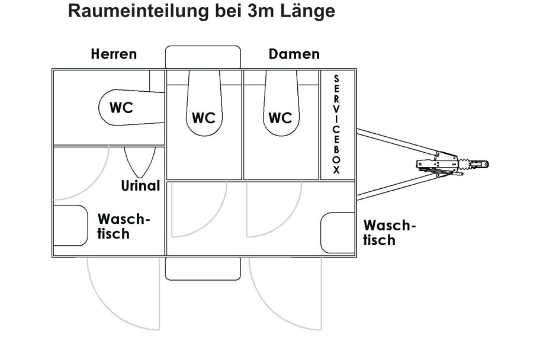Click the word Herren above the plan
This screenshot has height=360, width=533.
pos(114,54)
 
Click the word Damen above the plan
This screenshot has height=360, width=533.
pos(294,54)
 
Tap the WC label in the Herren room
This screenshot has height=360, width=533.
pos(121,108)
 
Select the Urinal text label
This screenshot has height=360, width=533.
pos(140,185)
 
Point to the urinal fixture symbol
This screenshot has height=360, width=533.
pos(140,161)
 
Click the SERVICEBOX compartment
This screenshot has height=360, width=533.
pos(337,124)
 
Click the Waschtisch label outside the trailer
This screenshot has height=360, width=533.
pos(389,233)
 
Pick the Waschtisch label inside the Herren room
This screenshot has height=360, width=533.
pos(120,226)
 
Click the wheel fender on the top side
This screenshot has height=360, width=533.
pos(203,57)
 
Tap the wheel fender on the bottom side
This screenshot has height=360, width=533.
pos(203,268)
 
